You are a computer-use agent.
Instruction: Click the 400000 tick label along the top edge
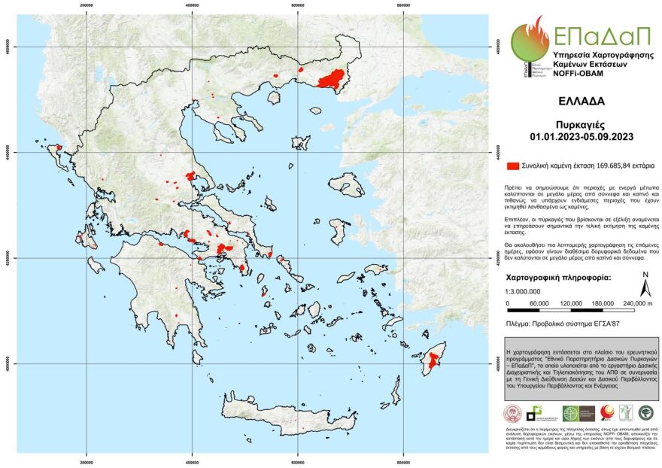click(x=193, y=5)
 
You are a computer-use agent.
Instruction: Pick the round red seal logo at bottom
click(x=513, y=412)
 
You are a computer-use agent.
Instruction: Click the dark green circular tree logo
click(x=645, y=412)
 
